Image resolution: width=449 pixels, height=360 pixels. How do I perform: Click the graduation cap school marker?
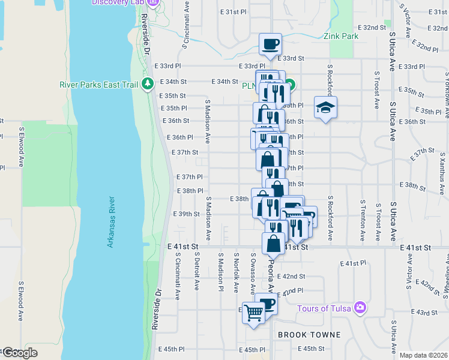325,108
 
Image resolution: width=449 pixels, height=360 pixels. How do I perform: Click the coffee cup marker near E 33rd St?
270,44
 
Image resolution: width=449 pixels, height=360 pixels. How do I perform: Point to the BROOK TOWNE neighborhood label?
309,335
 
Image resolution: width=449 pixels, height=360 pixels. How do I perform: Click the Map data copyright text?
424,355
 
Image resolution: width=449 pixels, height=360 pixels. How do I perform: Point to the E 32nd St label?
372,28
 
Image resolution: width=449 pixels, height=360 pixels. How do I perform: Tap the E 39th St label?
185,214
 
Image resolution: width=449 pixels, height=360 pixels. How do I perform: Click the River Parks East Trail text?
98,85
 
